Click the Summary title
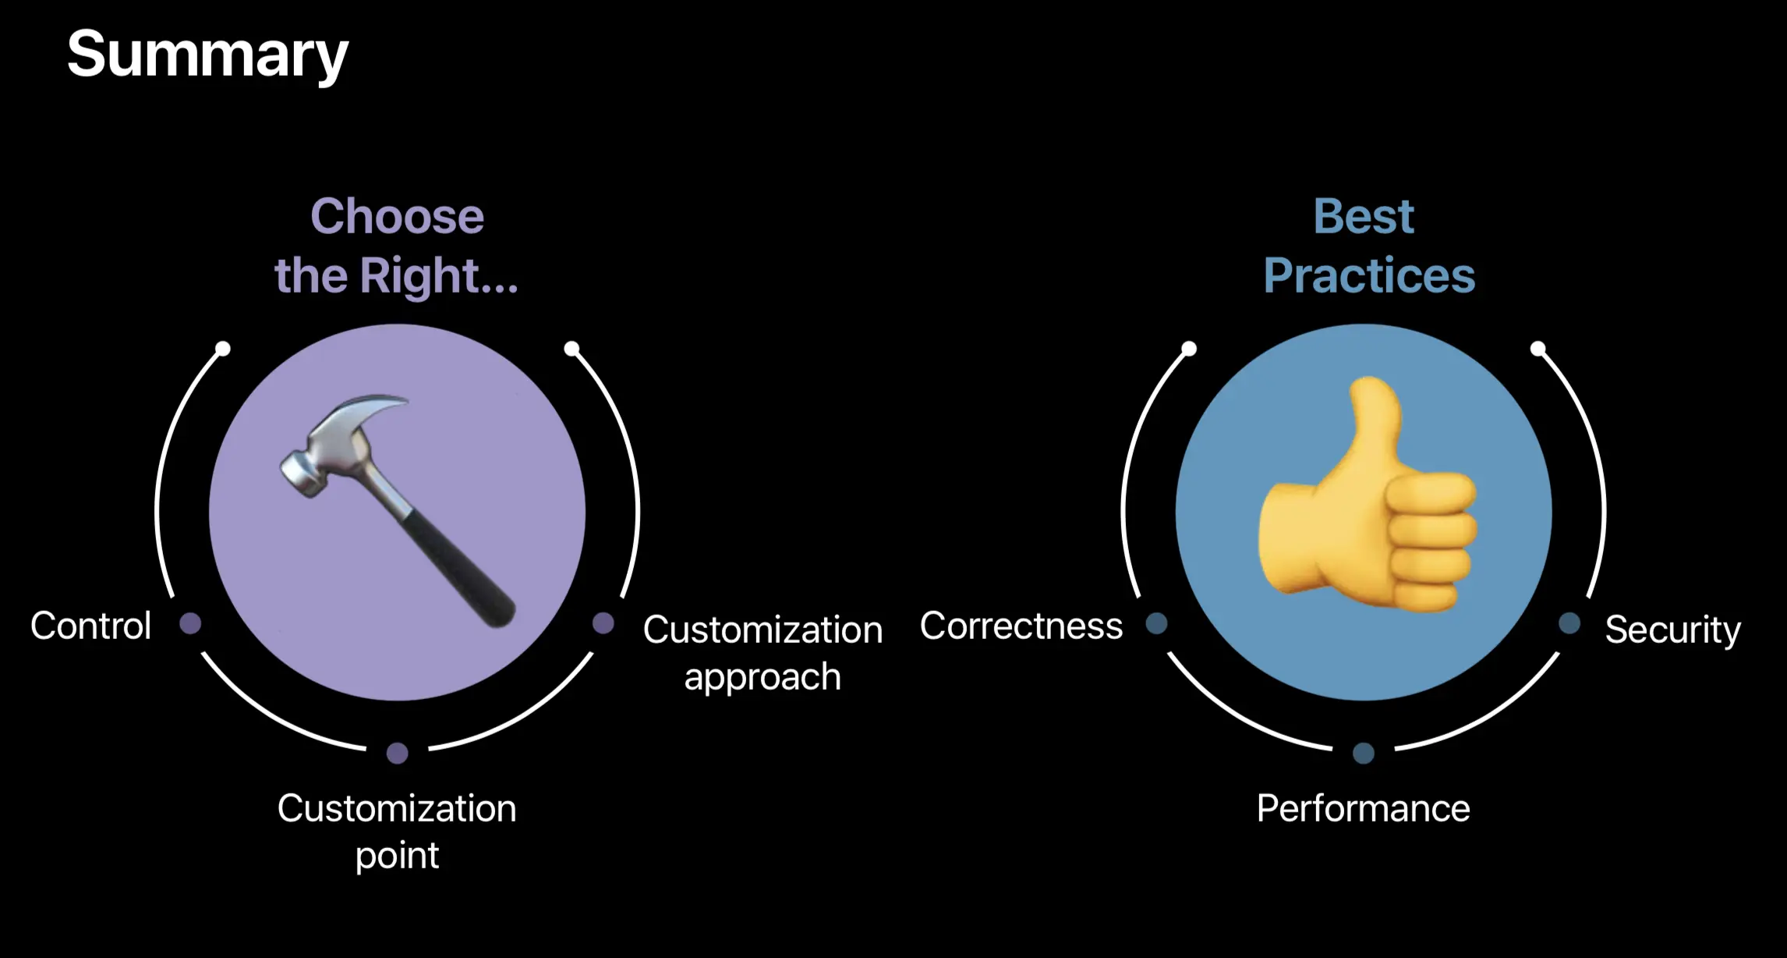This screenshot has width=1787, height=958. [207, 55]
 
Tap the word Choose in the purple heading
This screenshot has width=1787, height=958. [397, 216]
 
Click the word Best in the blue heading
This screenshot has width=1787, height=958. [1363, 216]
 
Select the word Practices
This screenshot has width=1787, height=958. [1369, 276]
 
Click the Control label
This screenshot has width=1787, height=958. [90, 626]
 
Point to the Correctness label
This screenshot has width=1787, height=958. [1021, 626]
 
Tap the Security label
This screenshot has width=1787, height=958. [1672, 630]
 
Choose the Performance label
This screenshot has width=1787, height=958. [1363, 809]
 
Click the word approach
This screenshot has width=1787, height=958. [763, 677]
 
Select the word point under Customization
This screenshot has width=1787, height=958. [397, 856]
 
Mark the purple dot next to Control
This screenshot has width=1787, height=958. [190, 623]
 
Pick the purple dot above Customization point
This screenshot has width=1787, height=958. [397, 753]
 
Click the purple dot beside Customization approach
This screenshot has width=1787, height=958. [603, 623]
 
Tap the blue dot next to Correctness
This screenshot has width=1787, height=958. [1156, 623]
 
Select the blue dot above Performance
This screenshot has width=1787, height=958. [1363, 753]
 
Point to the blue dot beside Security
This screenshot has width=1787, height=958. [1569, 623]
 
